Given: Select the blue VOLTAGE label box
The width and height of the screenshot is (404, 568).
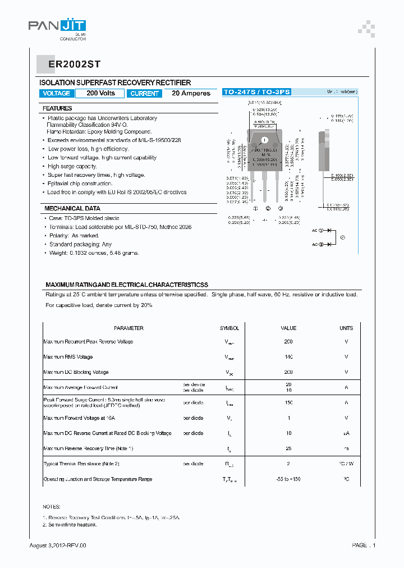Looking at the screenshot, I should pos(57,94).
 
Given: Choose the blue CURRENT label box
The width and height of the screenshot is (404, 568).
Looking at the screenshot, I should pos(144,94).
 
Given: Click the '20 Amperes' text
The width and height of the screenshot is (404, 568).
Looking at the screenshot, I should pos(191,94).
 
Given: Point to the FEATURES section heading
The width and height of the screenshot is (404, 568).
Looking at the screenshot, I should pos(57,108).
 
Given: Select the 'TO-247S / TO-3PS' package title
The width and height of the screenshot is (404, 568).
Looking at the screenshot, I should pos(256,91).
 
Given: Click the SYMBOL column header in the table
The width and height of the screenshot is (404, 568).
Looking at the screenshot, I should pos(229,328).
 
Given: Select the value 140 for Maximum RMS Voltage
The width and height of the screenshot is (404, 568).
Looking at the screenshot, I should pos(288,357).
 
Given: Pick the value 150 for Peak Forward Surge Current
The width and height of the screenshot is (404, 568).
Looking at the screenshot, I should pos(288,403).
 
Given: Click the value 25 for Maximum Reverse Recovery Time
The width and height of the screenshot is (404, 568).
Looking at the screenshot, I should pos(288,448).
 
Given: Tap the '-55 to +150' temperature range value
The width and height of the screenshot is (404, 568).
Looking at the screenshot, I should pos(288,479).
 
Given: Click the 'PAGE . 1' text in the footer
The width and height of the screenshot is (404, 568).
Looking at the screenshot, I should pos(364,546).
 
